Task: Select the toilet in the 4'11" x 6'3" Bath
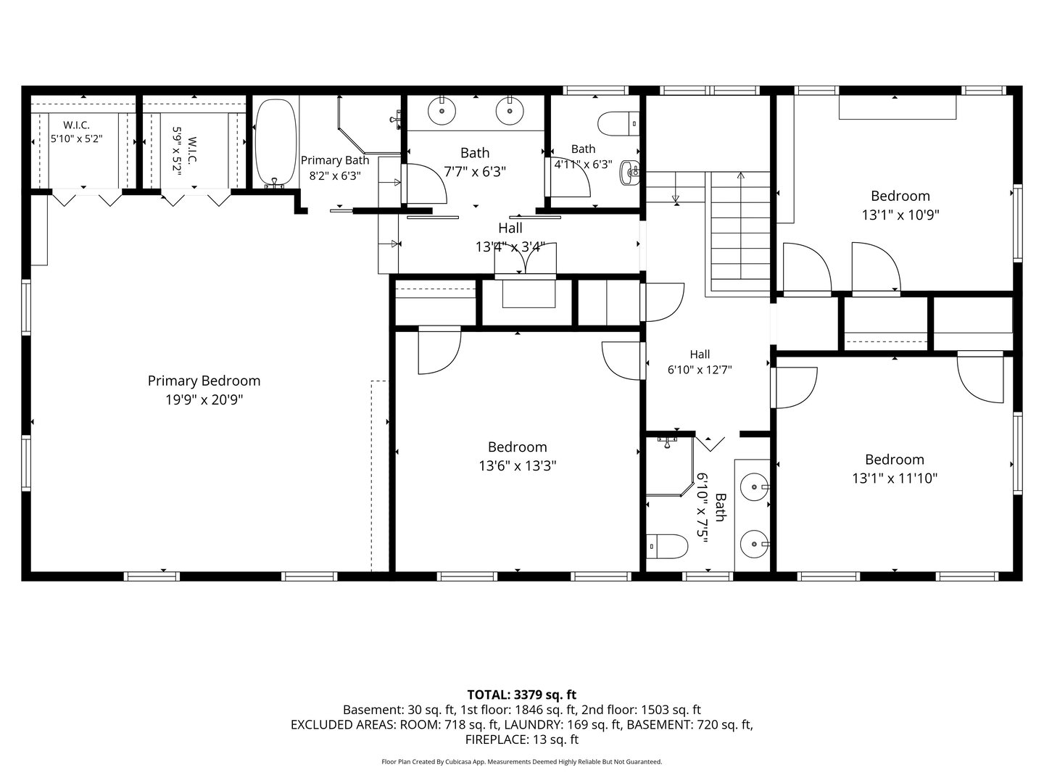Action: point(619,123)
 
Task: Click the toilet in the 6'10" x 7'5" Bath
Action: point(667,546)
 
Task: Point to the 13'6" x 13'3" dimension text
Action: point(518,465)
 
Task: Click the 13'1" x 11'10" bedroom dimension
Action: point(895,478)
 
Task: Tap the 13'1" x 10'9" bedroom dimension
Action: point(900,215)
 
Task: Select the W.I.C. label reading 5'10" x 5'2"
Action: point(77,132)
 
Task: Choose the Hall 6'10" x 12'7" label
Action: point(700,362)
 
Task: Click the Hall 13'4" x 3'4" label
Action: point(510,238)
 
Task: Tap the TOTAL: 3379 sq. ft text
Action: point(522,695)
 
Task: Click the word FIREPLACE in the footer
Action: point(495,739)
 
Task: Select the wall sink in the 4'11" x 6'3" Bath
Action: point(629,172)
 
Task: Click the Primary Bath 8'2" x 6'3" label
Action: point(335,167)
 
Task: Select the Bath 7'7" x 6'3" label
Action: point(475,162)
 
